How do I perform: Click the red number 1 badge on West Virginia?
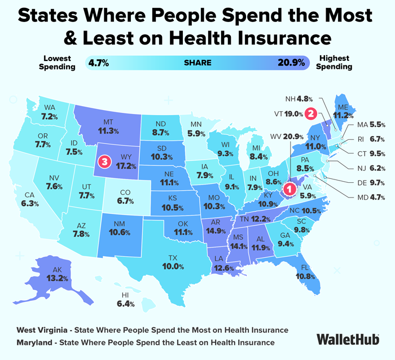coord(289,188)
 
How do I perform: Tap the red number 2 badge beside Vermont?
coord(311,113)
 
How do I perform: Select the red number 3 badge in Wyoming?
coord(104,161)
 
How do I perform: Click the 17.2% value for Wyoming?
coord(126,166)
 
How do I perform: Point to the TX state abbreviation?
coord(173,258)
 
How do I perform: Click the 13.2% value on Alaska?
coord(57,278)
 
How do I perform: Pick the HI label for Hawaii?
coord(125,295)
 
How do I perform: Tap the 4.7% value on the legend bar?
coord(99,63)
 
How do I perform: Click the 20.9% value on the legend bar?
coord(291,63)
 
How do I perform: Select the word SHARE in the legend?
coord(197,63)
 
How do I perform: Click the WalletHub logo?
coord(348,339)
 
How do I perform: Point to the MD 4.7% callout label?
coord(371,197)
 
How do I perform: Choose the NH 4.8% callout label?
coord(299,99)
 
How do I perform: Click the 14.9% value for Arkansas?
coord(216,231)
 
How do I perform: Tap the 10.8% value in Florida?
coord(305,276)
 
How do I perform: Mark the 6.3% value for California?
coord(30,204)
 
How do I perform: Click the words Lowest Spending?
coord(57,63)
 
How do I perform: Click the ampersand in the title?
coord(71,38)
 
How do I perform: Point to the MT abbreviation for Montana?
coord(108,122)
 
